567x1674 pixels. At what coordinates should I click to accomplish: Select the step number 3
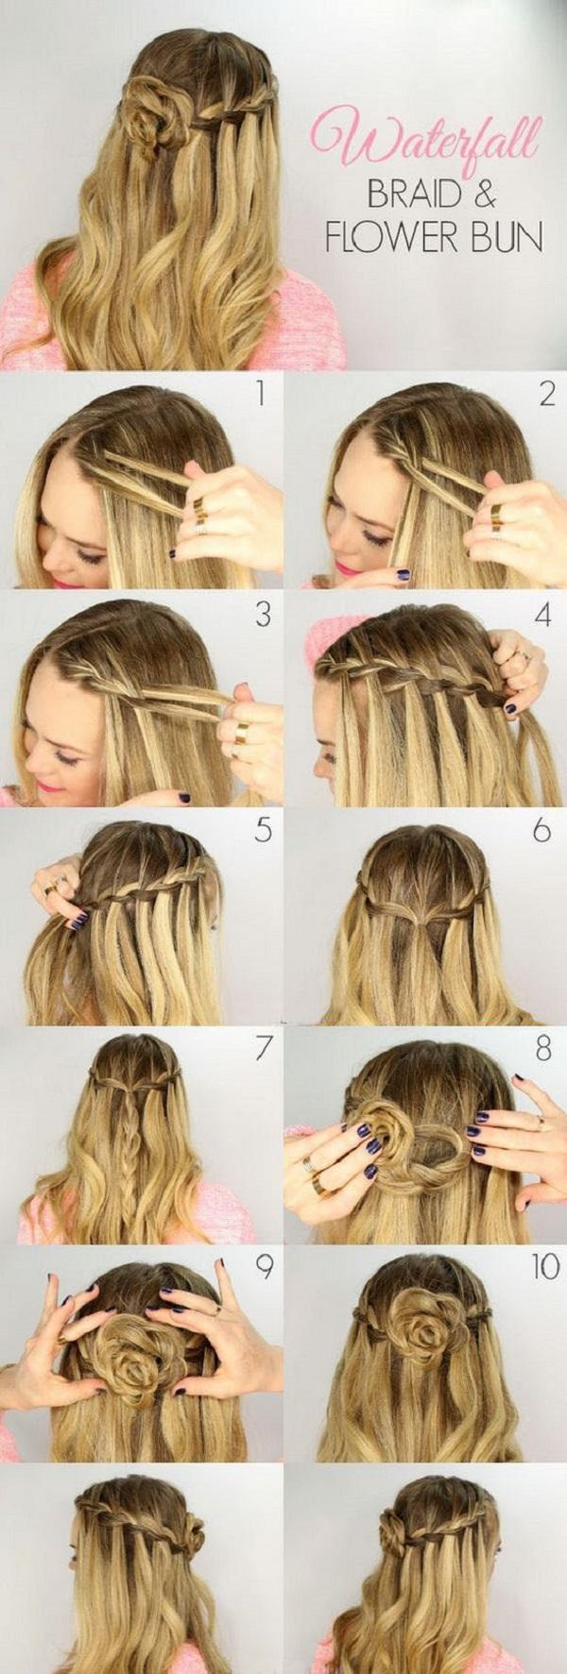point(262,615)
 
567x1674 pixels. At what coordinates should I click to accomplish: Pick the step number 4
point(542,615)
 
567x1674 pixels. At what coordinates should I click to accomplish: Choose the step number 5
point(262,832)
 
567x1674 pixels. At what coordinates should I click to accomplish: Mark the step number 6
point(541,832)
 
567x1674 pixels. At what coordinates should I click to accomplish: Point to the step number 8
point(543,1050)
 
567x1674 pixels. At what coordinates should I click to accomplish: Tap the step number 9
point(264,1267)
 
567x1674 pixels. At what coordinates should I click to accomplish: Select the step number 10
point(544,1267)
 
